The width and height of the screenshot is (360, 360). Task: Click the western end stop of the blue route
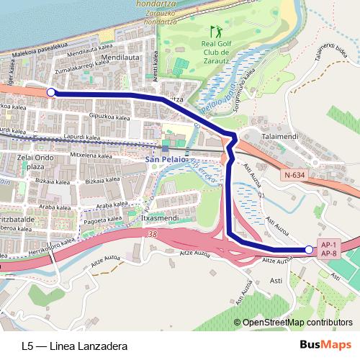pos(51,92)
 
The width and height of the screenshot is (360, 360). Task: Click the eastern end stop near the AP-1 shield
pos(309,250)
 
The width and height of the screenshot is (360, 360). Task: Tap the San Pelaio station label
pos(165,160)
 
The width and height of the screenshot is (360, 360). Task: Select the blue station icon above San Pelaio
pos(165,149)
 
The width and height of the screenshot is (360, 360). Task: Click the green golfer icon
pos(215,32)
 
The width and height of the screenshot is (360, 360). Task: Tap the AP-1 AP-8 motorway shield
pos(330,248)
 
